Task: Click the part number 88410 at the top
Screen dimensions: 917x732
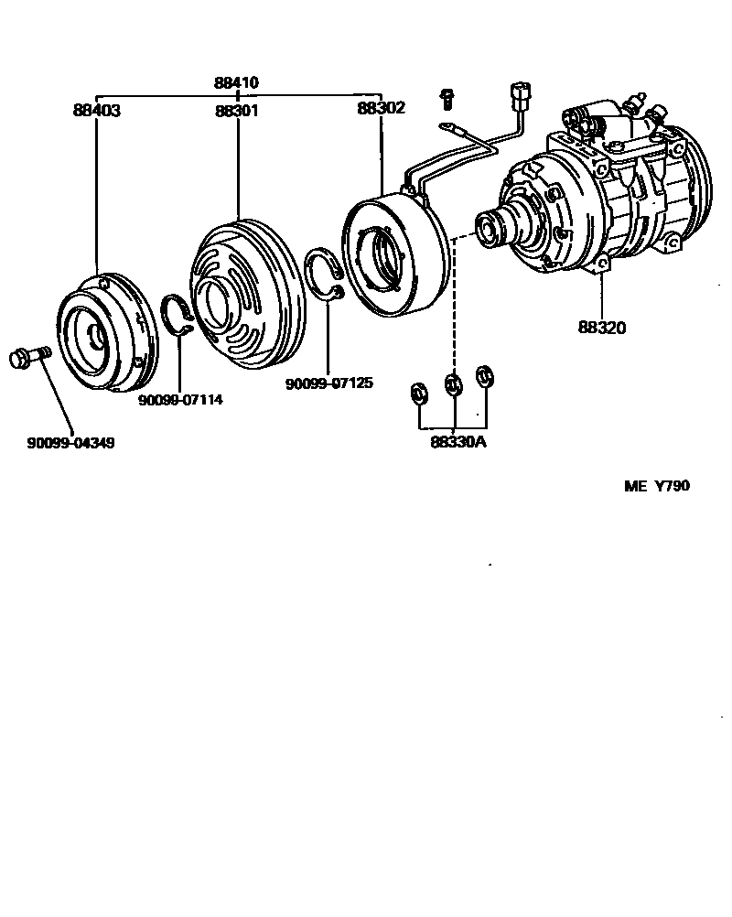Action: point(237,82)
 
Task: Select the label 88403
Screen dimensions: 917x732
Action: point(97,110)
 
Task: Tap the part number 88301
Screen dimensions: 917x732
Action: point(237,110)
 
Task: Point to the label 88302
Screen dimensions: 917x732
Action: point(380,107)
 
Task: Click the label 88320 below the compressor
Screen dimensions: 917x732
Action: point(602,327)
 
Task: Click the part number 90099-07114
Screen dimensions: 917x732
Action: point(180,400)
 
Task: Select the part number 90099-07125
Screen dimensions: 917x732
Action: point(328,383)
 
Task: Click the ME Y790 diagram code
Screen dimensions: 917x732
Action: point(657,486)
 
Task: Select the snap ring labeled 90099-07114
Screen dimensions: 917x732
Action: point(178,316)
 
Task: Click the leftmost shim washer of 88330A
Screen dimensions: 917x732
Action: point(420,392)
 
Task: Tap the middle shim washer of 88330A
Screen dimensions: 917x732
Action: point(452,383)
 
